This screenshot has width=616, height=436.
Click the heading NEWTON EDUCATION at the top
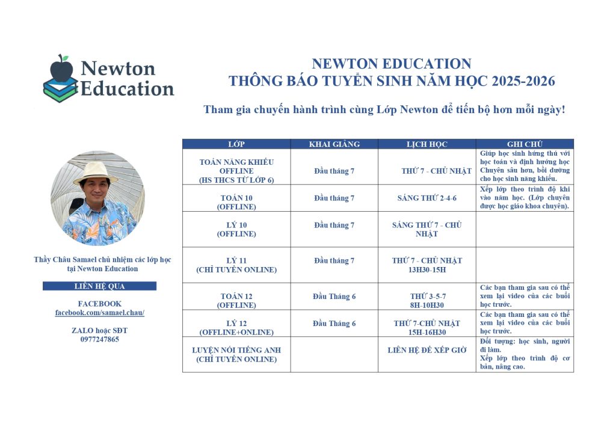[x=391, y=64]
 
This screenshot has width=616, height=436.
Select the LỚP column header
[x=236, y=144]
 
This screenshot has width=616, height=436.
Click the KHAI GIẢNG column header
[x=334, y=144]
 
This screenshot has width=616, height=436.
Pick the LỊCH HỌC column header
[x=427, y=144]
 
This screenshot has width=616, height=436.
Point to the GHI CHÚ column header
[x=525, y=144]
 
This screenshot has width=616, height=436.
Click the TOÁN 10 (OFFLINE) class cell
[x=236, y=202]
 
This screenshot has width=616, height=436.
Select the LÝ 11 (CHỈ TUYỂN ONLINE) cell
[x=236, y=265]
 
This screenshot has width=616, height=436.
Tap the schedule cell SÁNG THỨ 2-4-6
[x=427, y=198]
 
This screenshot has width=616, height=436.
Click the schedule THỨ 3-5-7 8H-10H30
[x=428, y=301]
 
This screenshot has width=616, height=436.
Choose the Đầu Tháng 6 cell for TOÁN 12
[x=334, y=296]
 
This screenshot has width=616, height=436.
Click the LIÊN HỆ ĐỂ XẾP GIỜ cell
[x=427, y=350]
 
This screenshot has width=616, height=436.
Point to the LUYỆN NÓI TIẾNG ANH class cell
[x=236, y=354]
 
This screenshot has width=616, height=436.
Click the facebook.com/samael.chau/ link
[x=100, y=313]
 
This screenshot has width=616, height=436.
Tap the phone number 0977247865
[x=100, y=339]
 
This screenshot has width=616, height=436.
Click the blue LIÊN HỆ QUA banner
[x=99, y=286]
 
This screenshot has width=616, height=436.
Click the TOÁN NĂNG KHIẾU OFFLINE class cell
[x=236, y=171]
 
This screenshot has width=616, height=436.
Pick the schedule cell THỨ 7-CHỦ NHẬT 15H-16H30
[x=427, y=328]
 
